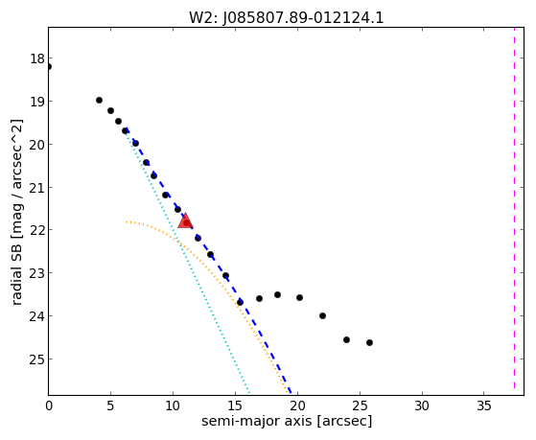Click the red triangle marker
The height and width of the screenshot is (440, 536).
tap(186, 220)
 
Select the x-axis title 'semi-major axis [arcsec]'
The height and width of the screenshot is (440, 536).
tap(287, 421)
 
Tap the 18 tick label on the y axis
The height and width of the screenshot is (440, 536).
tap(37, 58)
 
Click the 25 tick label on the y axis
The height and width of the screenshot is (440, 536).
tap(37, 359)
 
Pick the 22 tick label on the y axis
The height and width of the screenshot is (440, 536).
tap(37, 230)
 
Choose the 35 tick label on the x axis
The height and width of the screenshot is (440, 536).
tap(484, 405)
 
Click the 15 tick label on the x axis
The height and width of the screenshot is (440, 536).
tap(235, 405)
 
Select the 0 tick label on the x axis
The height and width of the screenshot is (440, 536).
tap(49, 405)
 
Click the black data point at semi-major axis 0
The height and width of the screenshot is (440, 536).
tap(49, 66)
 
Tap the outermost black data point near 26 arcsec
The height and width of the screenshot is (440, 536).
tap(369, 342)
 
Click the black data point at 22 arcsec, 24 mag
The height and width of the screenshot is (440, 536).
tap(322, 315)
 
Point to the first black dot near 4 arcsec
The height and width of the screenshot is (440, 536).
tap(99, 100)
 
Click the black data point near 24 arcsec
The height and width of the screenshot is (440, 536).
tap(346, 339)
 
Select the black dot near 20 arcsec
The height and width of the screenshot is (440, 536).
tap(299, 297)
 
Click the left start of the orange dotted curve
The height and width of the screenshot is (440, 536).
tap(127, 221)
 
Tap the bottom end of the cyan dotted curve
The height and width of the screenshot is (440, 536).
tap(249, 393)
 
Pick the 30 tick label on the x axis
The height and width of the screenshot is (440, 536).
tap(422, 405)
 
